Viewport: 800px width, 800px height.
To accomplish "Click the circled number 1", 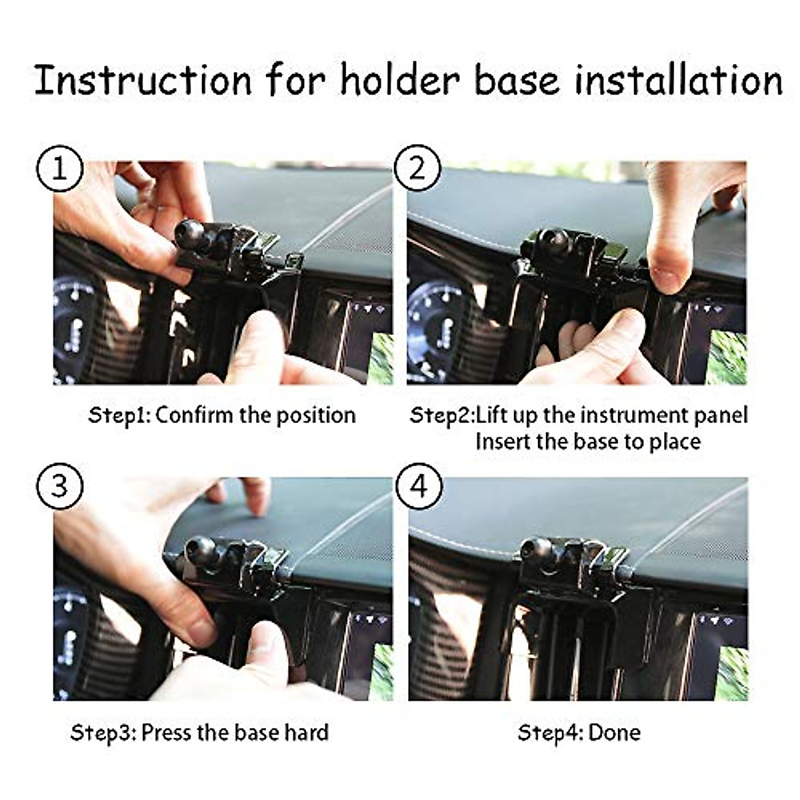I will click(60, 169).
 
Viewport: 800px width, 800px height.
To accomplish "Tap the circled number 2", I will click(417, 169).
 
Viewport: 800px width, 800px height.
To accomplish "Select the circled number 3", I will click(60, 486).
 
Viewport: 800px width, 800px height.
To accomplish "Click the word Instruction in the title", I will click(143, 80).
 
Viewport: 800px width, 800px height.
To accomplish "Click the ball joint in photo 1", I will click(189, 233).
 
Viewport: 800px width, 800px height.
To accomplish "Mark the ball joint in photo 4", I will click(537, 551).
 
